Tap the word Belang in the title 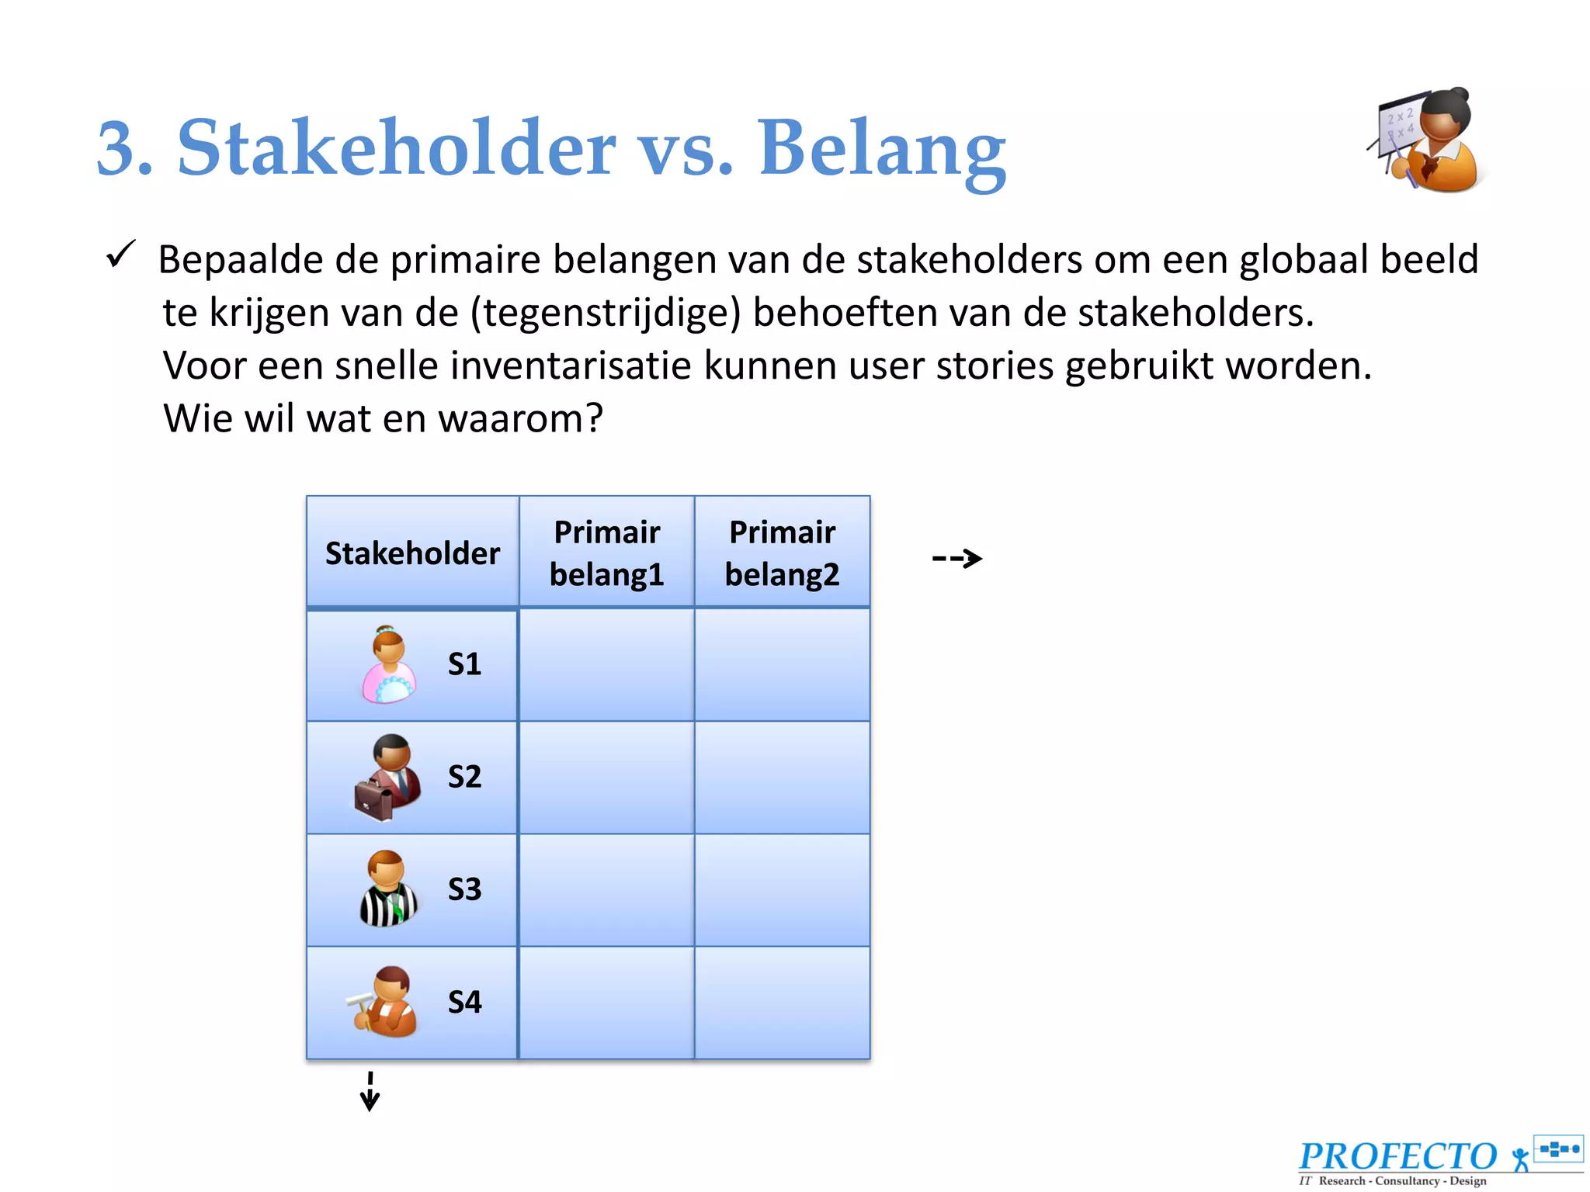[882, 149]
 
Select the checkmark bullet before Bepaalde [121, 255]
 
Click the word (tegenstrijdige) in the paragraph [605, 313]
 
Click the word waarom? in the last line [521, 419]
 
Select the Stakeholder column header [412, 553]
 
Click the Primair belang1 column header [606, 553]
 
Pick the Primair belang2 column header [782, 553]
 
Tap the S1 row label [464, 664]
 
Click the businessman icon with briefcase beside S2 [387, 778]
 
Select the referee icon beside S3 [388, 889]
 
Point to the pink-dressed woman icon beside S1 [389, 665]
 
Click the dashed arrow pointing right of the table [957, 558]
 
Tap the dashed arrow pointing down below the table [370, 1092]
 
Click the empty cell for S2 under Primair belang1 [606, 778]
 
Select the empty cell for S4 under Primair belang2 [782, 1003]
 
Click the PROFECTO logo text [1397, 1156]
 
